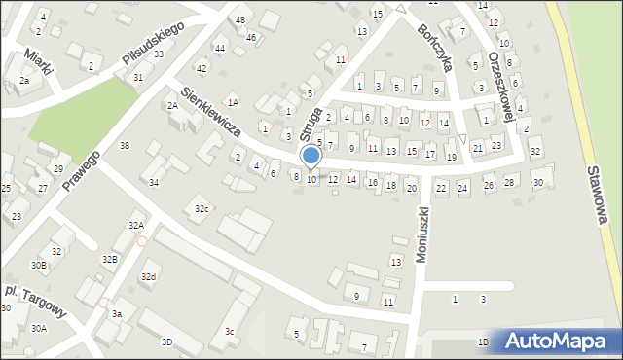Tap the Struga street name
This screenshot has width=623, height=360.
pos(311,120)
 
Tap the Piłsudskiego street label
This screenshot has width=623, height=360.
pos(154,45)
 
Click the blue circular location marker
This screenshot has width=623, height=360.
pos(311,156)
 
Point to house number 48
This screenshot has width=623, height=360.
pos(240,20)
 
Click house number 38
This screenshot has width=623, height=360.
pos(124,145)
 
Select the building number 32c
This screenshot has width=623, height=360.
pos(202,209)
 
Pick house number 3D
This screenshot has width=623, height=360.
pos(166,342)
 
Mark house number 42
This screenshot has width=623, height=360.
pos(202,68)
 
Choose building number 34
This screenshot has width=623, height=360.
pos(153,183)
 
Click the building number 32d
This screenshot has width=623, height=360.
pos(148,277)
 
